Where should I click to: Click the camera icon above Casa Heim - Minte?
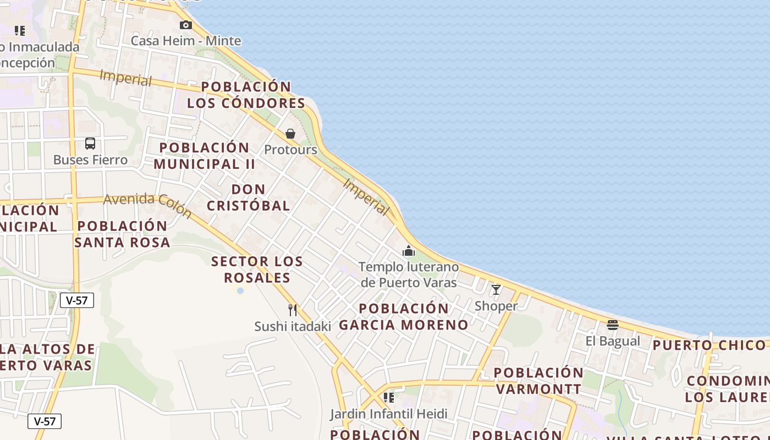(x=186, y=25)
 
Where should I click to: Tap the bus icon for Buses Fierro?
(x=90, y=144)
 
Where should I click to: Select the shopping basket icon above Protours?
(x=290, y=134)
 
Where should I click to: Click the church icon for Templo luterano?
(x=409, y=251)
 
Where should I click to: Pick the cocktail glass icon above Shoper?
(x=496, y=289)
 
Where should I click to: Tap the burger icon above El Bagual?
(x=613, y=324)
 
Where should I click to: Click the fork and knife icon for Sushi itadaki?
(x=293, y=310)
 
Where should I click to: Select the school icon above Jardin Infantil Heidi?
(x=389, y=397)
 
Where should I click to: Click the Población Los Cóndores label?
(x=246, y=95)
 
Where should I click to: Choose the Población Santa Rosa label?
(x=122, y=234)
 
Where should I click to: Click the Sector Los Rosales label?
(x=257, y=269)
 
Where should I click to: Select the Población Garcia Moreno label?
(x=404, y=316)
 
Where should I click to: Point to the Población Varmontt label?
(x=538, y=381)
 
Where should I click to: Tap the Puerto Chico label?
(x=710, y=345)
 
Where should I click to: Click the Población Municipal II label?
(x=204, y=156)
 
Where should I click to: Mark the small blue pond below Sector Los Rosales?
(x=240, y=290)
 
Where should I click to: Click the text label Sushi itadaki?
(x=293, y=326)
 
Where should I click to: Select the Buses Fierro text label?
(x=90, y=160)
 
